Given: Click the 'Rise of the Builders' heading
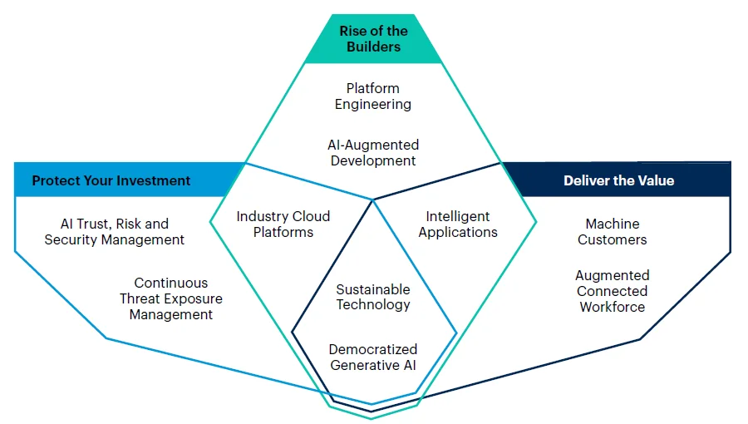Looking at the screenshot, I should click(373, 39).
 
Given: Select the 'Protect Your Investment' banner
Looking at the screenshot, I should click(111, 180).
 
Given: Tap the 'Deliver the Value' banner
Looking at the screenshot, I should click(618, 180).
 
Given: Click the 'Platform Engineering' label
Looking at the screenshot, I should click(373, 96).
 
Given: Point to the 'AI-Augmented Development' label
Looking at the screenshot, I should click(373, 153).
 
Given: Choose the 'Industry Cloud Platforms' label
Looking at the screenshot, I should click(283, 224).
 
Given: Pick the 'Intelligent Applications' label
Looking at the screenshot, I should click(458, 224).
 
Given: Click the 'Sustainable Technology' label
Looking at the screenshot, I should click(373, 297).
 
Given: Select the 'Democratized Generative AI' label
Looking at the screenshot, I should click(373, 357).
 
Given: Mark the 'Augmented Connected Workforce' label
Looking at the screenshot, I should click(613, 291).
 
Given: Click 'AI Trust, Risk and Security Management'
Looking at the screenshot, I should click(115, 232).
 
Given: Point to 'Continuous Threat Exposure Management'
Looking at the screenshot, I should click(171, 298).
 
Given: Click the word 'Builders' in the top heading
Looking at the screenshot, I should click(373, 47).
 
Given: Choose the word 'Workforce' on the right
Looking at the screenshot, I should click(613, 307).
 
